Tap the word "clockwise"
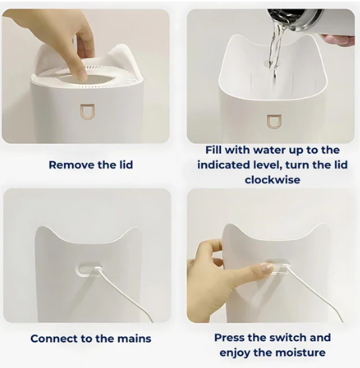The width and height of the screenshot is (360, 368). click(x=271, y=180)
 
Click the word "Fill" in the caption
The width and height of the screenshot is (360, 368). click(x=216, y=150)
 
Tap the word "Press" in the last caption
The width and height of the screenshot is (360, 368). click(x=232, y=338)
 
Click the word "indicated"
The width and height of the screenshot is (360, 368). click(x=231, y=165)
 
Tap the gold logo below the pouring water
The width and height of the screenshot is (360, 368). click(x=273, y=121)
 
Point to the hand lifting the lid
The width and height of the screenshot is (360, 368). click(x=77, y=40)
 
